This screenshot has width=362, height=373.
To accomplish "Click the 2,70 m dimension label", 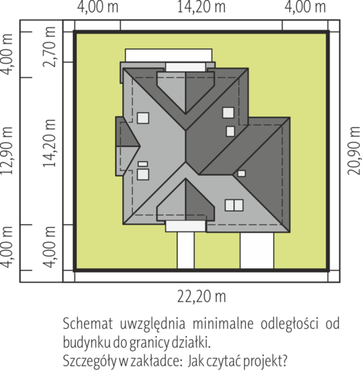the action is [50, 46].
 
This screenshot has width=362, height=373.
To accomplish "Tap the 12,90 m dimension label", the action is [7, 150].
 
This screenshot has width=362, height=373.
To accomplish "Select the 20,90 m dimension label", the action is [355, 150].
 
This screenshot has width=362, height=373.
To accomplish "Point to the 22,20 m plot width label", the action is [202, 296].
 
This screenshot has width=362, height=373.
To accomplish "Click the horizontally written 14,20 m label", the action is [202, 7].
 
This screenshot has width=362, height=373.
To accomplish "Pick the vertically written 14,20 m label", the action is [50, 143].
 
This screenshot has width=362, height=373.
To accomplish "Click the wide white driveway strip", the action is [257, 250].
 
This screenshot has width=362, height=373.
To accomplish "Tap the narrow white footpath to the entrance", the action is [186, 250].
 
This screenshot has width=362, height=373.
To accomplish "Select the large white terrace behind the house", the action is [168, 55].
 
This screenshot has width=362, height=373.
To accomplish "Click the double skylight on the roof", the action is [234, 205].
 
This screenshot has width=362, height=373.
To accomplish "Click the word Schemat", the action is [87, 324].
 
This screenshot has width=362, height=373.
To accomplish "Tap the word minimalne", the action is [223, 324].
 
